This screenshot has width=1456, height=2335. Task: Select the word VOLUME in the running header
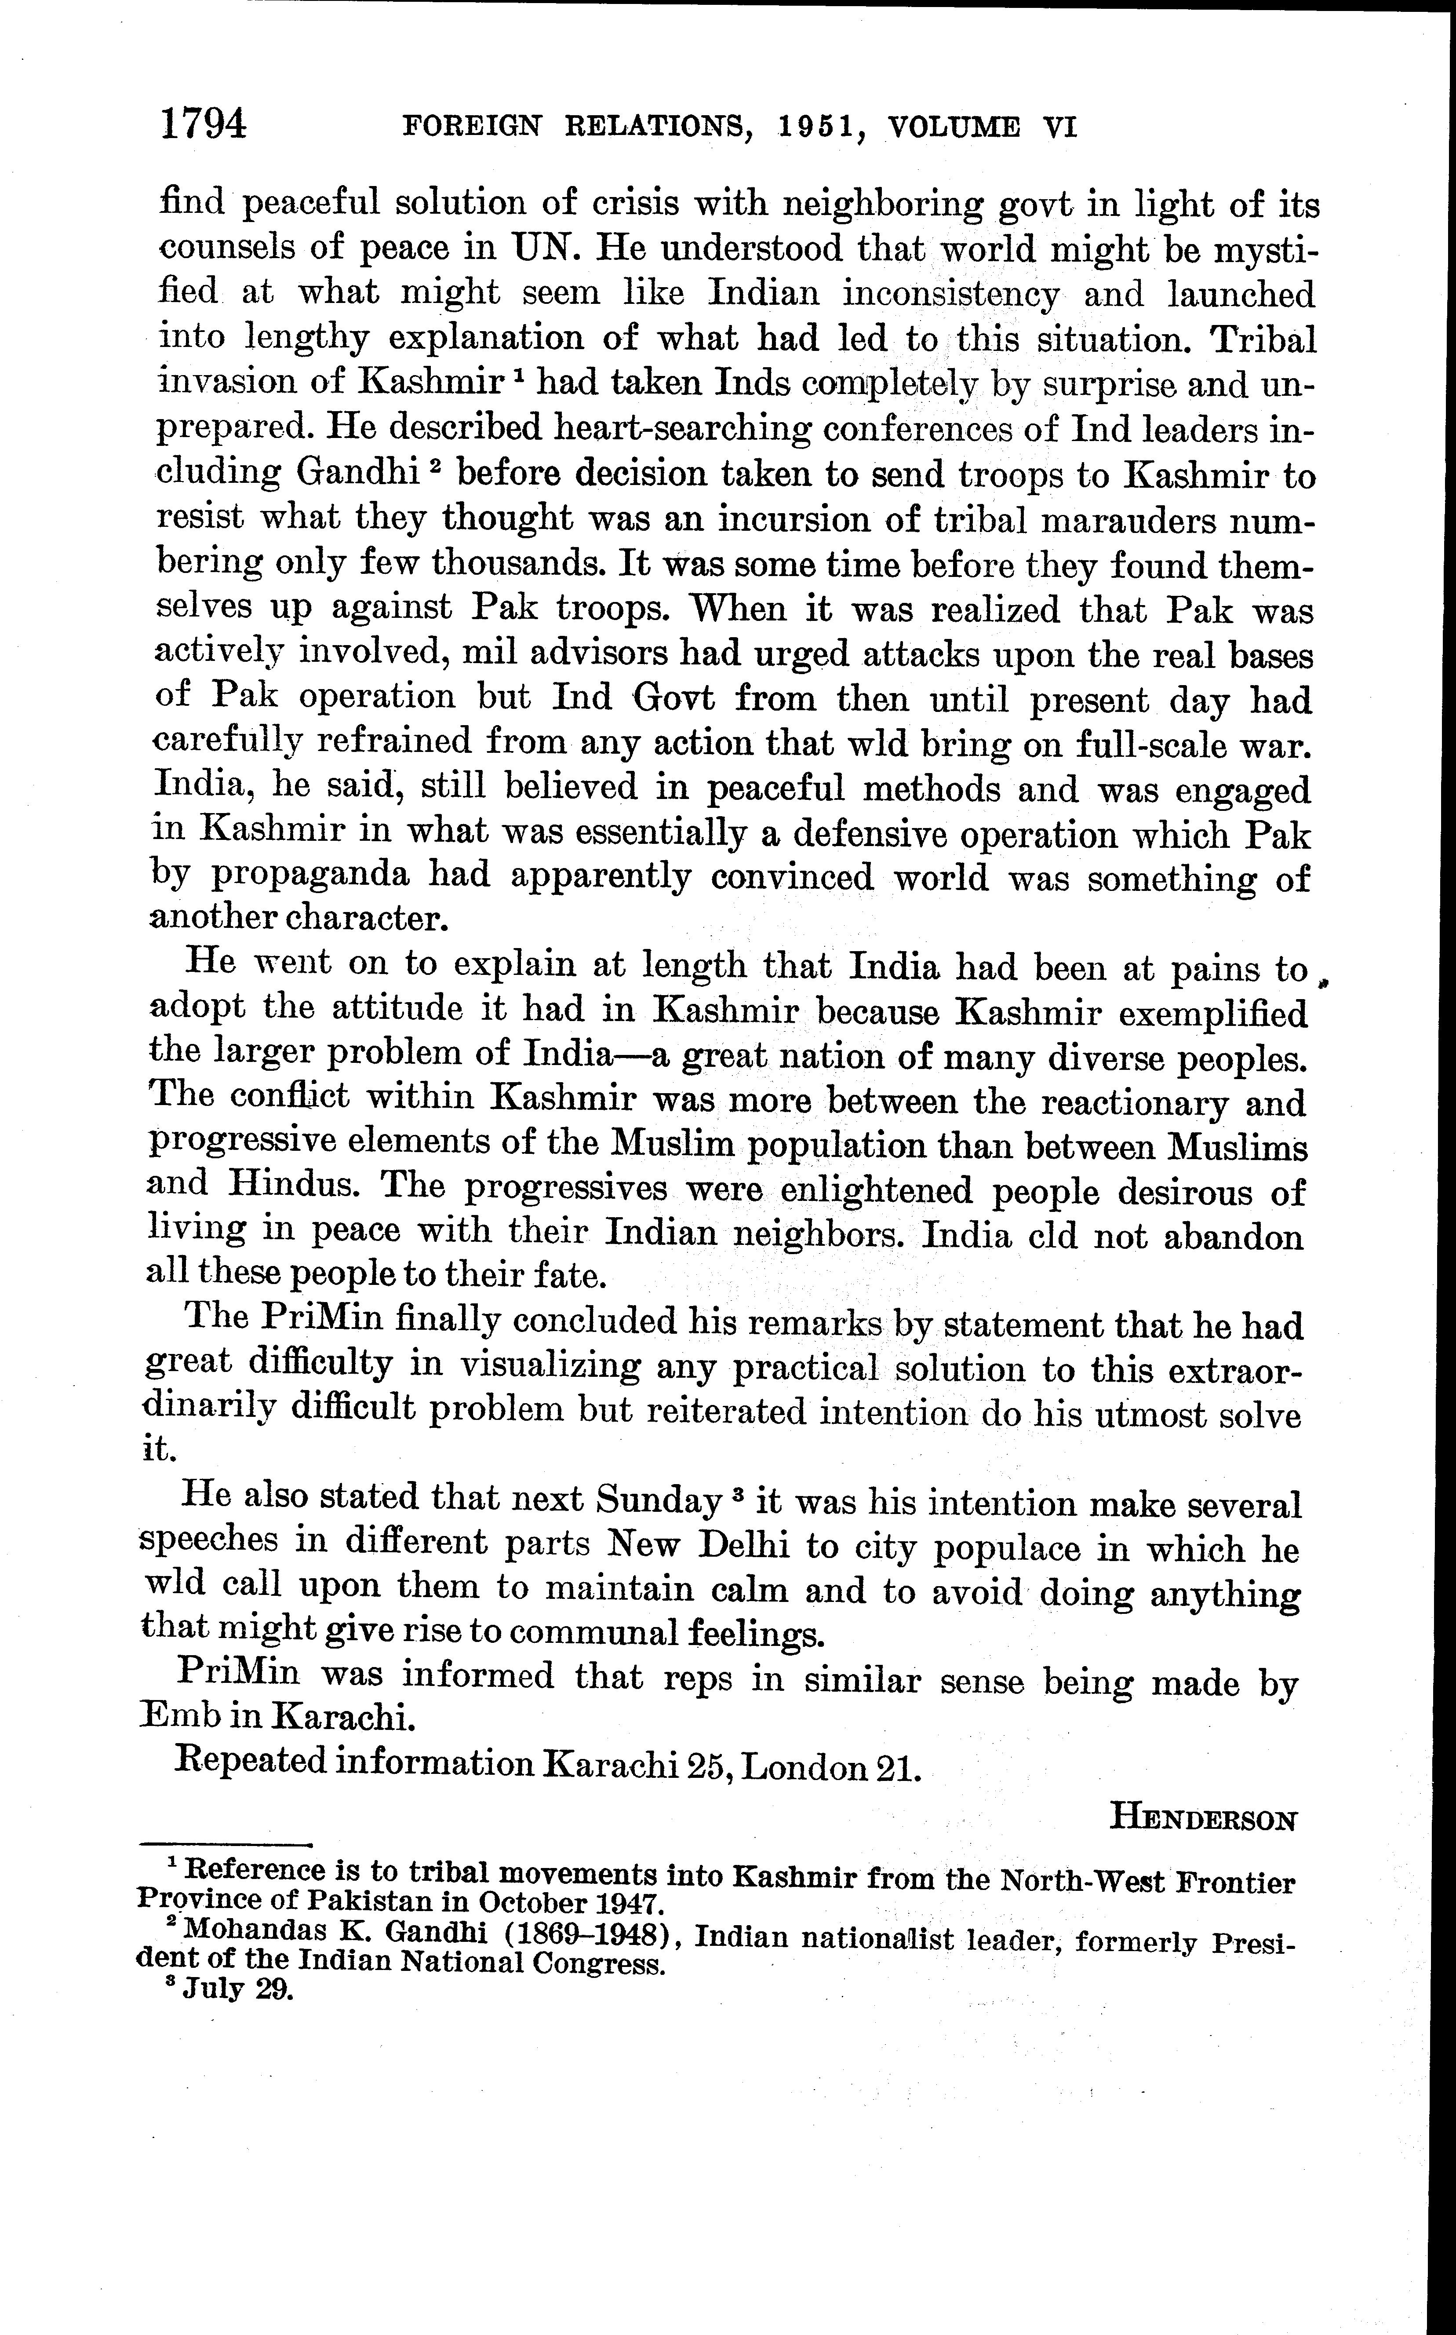pyautogui.click(x=954, y=127)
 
